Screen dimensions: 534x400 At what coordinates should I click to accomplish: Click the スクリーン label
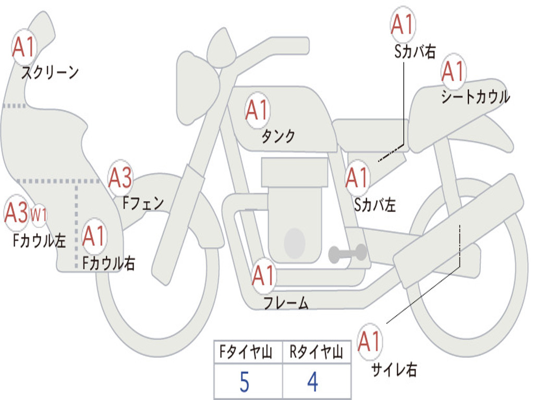tap(50, 72)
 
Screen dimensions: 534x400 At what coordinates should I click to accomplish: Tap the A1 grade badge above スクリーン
tap(24, 47)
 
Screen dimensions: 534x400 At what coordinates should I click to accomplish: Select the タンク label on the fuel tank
tap(278, 136)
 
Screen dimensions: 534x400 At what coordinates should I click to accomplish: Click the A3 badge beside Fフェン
tap(120, 178)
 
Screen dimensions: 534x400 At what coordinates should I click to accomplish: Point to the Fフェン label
tap(143, 203)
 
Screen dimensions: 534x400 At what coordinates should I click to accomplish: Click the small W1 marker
tap(38, 215)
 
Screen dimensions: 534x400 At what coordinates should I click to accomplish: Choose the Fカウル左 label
tap(39, 241)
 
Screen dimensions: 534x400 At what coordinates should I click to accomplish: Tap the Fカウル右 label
tap(109, 263)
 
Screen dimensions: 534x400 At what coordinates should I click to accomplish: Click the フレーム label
tap(286, 303)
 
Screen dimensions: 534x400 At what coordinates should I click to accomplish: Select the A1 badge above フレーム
tap(263, 275)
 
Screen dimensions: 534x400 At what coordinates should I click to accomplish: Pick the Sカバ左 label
tap(375, 205)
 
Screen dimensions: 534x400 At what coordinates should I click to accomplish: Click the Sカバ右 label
tap(415, 52)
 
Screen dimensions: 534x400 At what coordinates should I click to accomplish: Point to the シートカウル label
tap(476, 96)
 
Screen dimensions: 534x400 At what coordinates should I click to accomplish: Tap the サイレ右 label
tap(394, 369)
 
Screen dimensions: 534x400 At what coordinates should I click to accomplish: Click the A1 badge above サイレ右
tap(370, 341)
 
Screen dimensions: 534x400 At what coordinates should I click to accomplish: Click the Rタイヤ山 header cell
tap(317, 352)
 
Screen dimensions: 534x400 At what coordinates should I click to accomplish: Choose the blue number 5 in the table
tap(245, 382)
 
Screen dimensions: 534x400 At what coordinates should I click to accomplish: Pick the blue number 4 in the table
tap(313, 382)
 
